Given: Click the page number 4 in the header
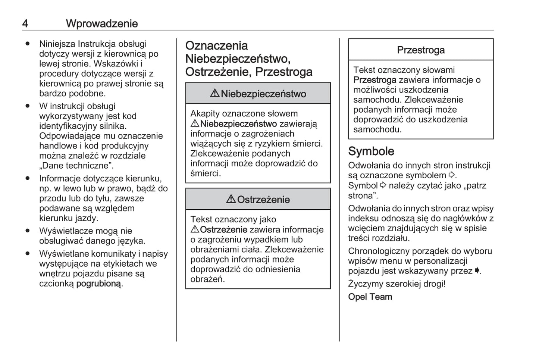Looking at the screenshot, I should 25,24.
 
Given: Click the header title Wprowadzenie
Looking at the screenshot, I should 102,24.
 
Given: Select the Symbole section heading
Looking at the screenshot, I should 371,151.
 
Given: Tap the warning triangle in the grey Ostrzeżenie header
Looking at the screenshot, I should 231,199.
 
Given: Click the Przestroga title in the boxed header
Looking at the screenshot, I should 420,50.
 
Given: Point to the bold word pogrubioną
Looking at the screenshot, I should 99,284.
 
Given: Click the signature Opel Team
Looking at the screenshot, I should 370,297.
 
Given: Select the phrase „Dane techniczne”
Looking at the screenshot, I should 76,166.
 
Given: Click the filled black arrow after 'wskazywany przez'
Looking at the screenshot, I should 477,271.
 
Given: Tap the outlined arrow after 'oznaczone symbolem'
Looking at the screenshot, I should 451,175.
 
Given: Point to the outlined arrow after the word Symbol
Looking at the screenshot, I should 383,185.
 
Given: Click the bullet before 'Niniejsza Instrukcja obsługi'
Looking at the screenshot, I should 27,44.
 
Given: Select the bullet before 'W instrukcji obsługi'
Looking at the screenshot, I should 27,106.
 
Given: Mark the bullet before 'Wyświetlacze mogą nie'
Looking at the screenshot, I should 27,231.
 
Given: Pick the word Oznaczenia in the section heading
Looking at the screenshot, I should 216,46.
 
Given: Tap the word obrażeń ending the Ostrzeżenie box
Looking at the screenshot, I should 207,279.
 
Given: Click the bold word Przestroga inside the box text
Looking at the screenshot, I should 375,80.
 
